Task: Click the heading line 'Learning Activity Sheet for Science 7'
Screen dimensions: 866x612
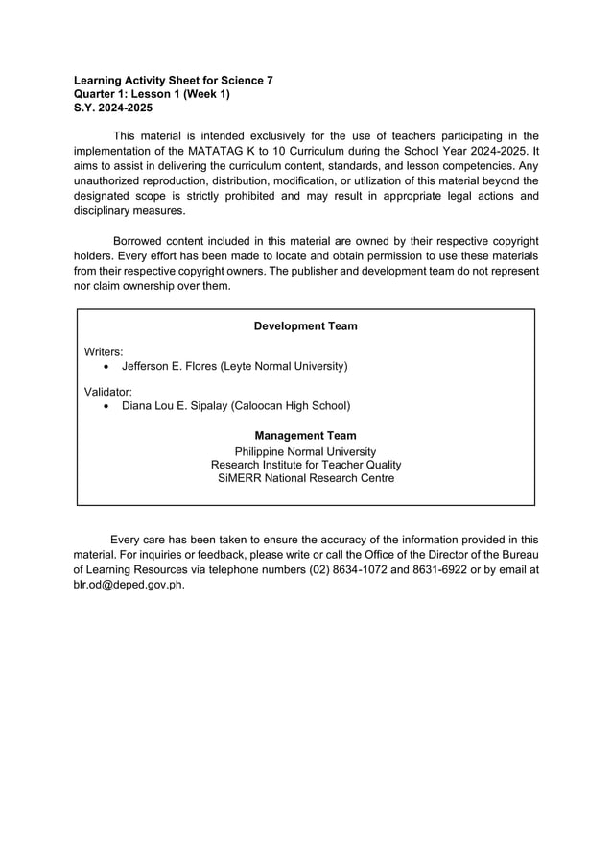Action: (x=173, y=81)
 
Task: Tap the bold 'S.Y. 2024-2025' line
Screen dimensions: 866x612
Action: (x=112, y=108)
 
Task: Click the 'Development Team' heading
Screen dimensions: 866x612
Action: (x=305, y=326)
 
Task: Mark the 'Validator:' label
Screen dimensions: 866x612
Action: (x=108, y=392)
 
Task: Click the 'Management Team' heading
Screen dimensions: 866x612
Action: (x=305, y=436)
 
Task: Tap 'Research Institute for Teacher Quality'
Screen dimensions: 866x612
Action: (x=305, y=465)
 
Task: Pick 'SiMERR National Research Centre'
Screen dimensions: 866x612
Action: (x=305, y=478)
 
